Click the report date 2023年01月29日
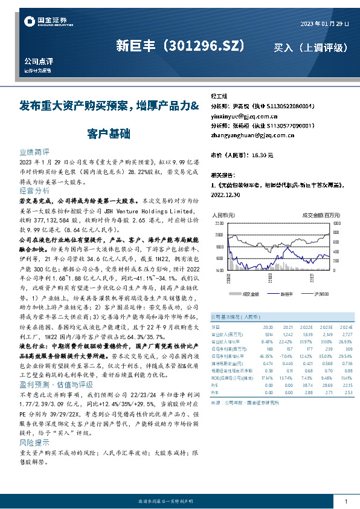click(325, 23)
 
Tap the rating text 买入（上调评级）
click(310, 47)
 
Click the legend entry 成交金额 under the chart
click(249, 294)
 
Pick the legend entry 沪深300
click(321, 294)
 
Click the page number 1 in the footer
click(345, 501)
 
